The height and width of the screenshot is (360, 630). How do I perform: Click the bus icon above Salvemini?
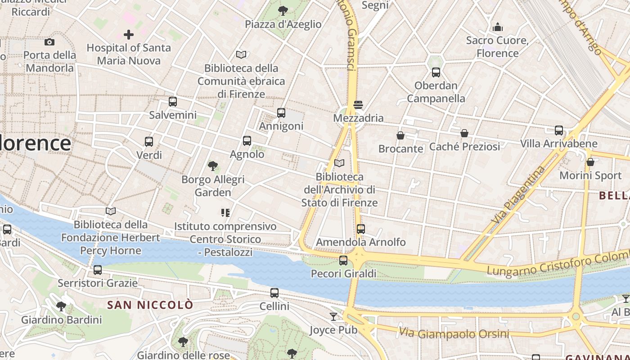pyautogui.click(x=173, y=102)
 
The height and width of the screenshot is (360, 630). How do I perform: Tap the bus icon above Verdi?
pyautogui.click(x=149, y=142)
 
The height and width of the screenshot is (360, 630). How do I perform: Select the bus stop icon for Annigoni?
pyautogui.click(x=281, y=113)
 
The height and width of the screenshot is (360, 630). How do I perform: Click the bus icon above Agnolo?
pyautogui.click(x=247, y=141)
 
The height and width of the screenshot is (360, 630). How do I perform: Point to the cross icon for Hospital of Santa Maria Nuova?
pyautogui.click(x=129, y=35)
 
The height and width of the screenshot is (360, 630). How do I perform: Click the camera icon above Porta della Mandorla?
pyautogui.click(x=49, y=42)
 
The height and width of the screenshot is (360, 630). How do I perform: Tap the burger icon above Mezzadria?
pyautogui.click(x=358, y=105)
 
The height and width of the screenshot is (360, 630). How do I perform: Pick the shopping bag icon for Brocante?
pyautogui.click(x=400, y=135)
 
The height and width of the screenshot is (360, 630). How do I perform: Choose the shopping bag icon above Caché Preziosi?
pyautogui.click(x=464, y=133)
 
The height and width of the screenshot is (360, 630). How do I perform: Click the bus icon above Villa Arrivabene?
pyautogui.click(x=559, y=130)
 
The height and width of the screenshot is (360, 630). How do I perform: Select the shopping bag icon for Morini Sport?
pyautogui.click(x=590, y=162)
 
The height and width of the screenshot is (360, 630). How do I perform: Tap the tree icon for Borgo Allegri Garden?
pyautogui.click(x=213, y=166)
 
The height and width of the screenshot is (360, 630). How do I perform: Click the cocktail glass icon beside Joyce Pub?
pyautogui.click(x=333, y=317)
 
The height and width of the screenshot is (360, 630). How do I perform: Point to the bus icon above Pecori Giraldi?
pyautogui.click(x=343, y=261)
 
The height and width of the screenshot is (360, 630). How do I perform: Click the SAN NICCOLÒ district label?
pyautogui.click(x=150, y=305)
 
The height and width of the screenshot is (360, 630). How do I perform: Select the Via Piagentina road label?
pyautogui.click(x=518, y=195)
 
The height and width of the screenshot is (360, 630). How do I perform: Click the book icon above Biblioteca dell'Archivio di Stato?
pyautogui.click(x=340, y=163)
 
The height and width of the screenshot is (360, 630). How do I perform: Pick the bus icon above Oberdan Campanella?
pyautogui.click(x=436, y=72)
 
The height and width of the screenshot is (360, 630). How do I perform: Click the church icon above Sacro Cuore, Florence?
pyautogui.click(x=498, y=27)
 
